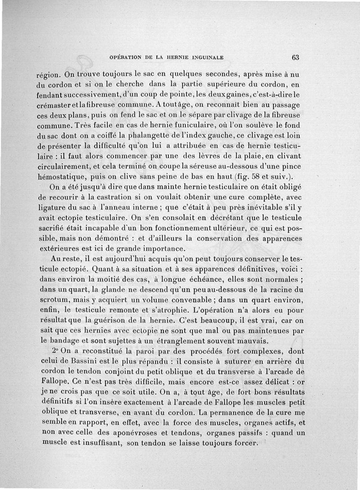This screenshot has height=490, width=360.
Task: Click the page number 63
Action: point(295,58)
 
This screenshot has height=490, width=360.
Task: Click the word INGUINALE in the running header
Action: point(205,58)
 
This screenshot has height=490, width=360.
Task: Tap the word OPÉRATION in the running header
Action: point(127,58)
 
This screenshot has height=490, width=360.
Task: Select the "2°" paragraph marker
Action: point(55,352)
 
